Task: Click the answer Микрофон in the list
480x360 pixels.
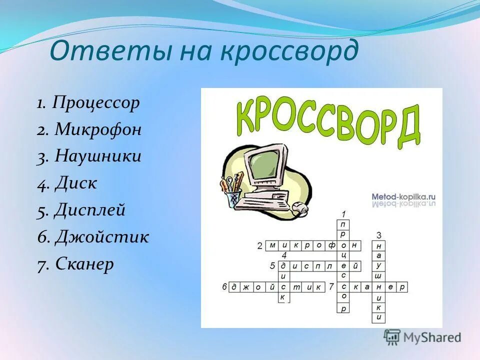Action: pos(98,130)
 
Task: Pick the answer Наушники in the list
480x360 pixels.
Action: pos(98,156)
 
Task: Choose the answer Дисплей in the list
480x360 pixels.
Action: pos(90,210)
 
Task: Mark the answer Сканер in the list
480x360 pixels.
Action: pos(84,263)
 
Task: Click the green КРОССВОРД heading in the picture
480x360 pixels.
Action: pos(327,120)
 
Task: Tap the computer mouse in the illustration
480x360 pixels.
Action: pos(299,208)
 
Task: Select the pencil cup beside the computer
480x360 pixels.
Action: pos(233,196)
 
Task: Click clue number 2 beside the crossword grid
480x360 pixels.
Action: pos(259,245)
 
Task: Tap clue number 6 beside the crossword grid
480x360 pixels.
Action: pos(224,287)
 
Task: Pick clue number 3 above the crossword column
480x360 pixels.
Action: pos(379,235)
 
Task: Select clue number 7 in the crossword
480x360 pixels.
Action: pos(331,287)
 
